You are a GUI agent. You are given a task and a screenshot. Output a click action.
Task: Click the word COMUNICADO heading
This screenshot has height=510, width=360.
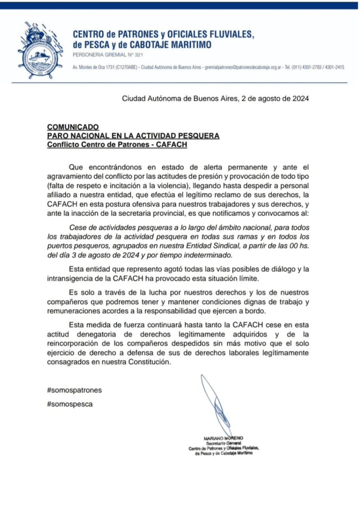73,127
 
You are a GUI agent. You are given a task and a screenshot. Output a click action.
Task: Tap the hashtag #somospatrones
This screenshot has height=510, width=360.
74,390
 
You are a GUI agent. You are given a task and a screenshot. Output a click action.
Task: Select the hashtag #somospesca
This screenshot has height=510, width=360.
70,404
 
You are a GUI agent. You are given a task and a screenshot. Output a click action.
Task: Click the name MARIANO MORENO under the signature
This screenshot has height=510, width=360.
223,438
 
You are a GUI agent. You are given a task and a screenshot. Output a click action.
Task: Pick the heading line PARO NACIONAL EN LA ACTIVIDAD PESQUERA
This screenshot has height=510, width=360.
133,135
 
